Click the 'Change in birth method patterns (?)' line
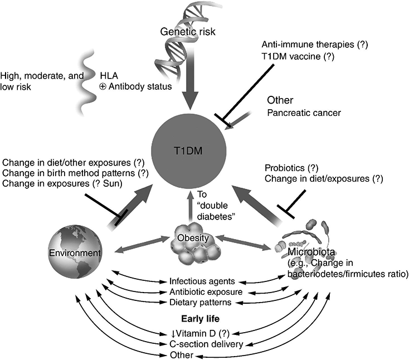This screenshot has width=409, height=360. [x=75, y=174]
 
